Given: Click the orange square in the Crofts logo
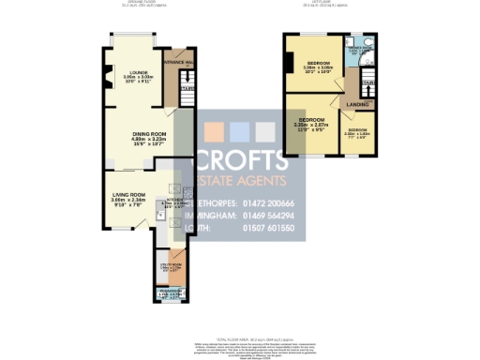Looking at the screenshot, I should coord(215,130).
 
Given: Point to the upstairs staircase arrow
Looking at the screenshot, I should coord(367,85).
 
